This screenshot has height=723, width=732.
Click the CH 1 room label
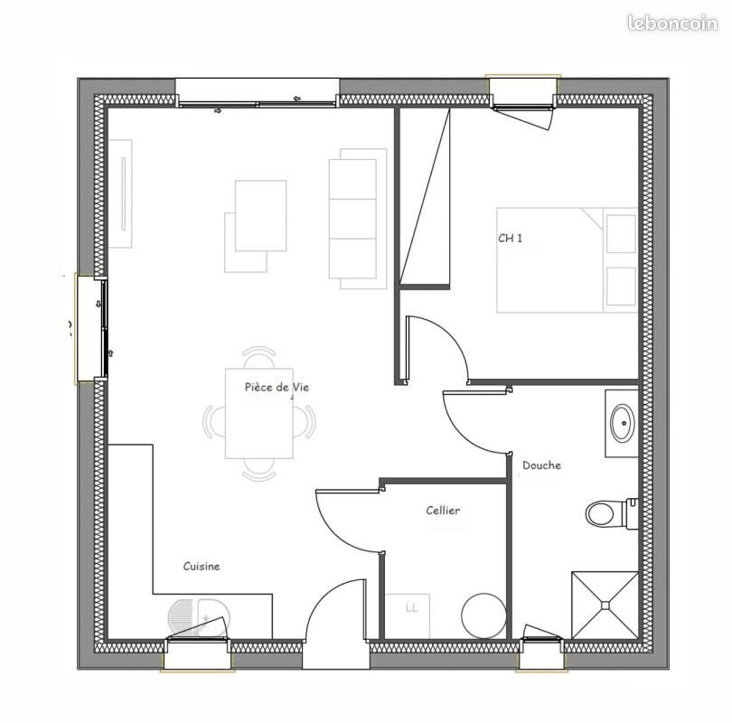click(511, 239)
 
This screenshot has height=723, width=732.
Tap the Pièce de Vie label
click(277, 387)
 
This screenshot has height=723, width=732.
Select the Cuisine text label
click(202, 567)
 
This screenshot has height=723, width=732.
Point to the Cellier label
click(443, 511)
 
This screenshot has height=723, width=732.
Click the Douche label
click(541, 465)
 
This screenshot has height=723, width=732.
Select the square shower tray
click(605, 605)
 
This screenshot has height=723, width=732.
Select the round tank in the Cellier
click(483, 615)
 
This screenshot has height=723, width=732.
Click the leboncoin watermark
click(672, 23)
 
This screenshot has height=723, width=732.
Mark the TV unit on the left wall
click(120, 193)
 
